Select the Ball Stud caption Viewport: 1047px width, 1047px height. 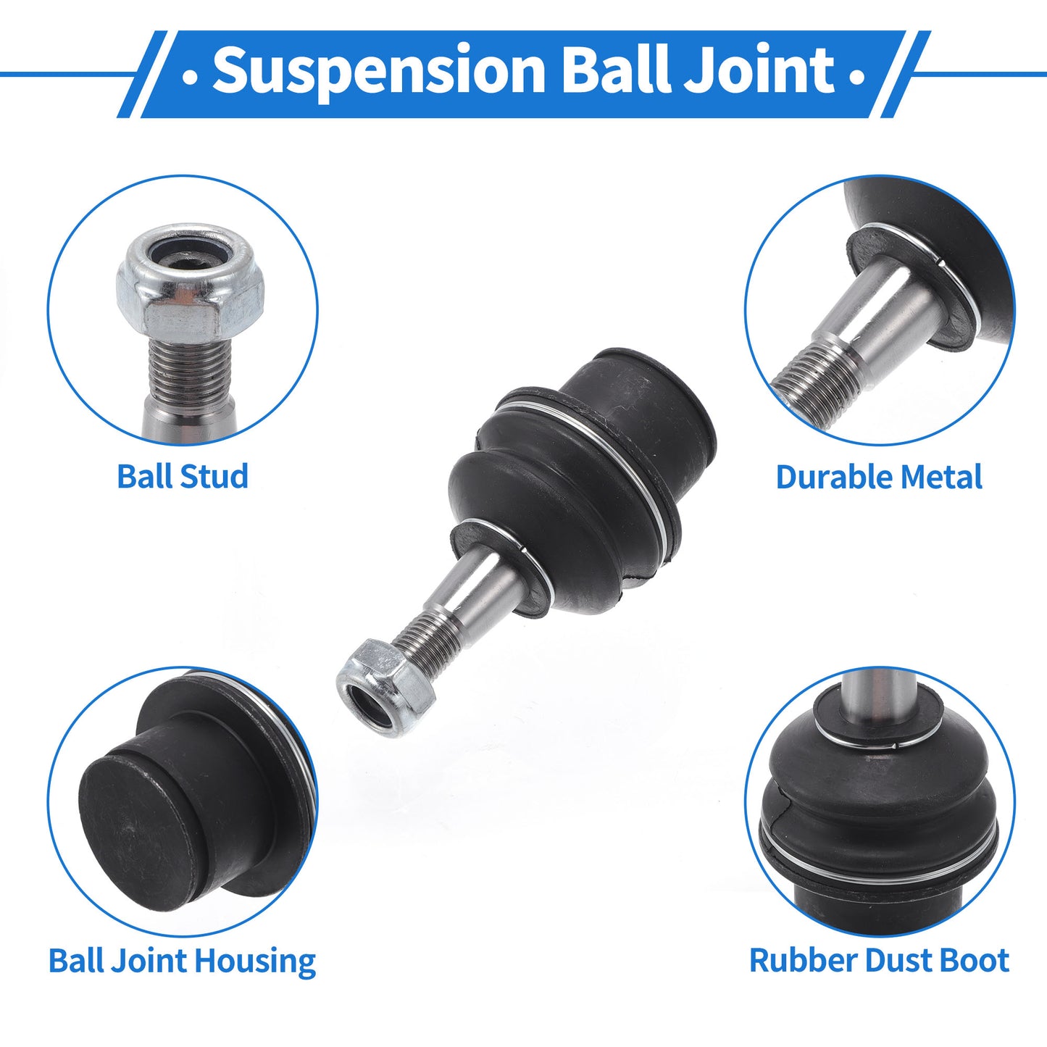pyautogui.click(x=183, y=477)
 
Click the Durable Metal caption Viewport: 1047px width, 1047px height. pyautogui.click(x=879, y=477)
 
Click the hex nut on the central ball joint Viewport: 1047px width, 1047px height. pyautogui.click(x=385, y=687)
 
